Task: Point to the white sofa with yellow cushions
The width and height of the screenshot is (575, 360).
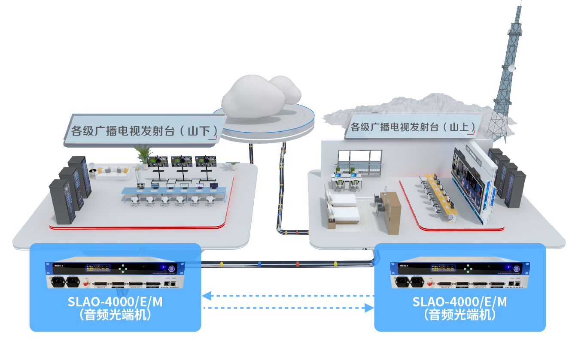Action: (x=113, y=172)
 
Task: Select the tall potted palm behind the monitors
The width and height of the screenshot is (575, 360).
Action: (x=143, y=154)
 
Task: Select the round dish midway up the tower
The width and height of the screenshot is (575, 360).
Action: (x=511, y=68)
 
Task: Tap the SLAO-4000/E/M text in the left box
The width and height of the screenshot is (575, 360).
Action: (x=115, y=302)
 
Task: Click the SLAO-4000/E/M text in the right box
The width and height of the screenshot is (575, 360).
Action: (x=459, y=302)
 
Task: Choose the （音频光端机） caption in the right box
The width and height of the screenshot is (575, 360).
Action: (x=459, y=315)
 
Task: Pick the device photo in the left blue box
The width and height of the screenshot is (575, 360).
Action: (x=115, y=275)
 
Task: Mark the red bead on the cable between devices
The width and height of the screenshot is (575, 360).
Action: (x=297, y=263)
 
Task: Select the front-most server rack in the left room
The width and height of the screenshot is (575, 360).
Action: (x=62, y=202)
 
